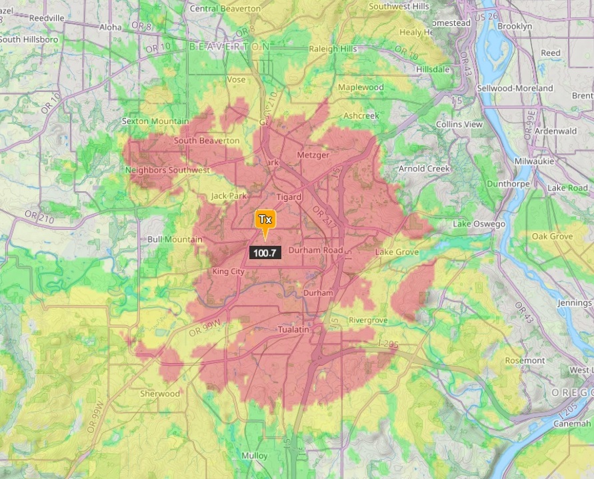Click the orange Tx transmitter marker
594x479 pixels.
[265, 220]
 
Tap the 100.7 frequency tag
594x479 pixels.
[265, 252]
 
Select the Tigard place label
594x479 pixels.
[289, 197]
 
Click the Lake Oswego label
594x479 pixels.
[479, 224]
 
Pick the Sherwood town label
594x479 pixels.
[160, 394]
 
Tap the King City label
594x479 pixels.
[229, 272]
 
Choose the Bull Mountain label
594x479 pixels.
[175, 239]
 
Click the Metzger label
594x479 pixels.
[313, 155]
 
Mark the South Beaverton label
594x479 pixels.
[207, 141]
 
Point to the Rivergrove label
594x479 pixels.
[368, 320]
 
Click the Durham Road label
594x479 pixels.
[315, 250]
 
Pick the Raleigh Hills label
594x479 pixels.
[333, 49]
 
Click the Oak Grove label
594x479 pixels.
[551, 237]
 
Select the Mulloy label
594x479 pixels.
[255, 456]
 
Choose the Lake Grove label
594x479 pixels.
[397, 252]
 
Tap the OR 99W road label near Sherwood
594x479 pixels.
[99, 414]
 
